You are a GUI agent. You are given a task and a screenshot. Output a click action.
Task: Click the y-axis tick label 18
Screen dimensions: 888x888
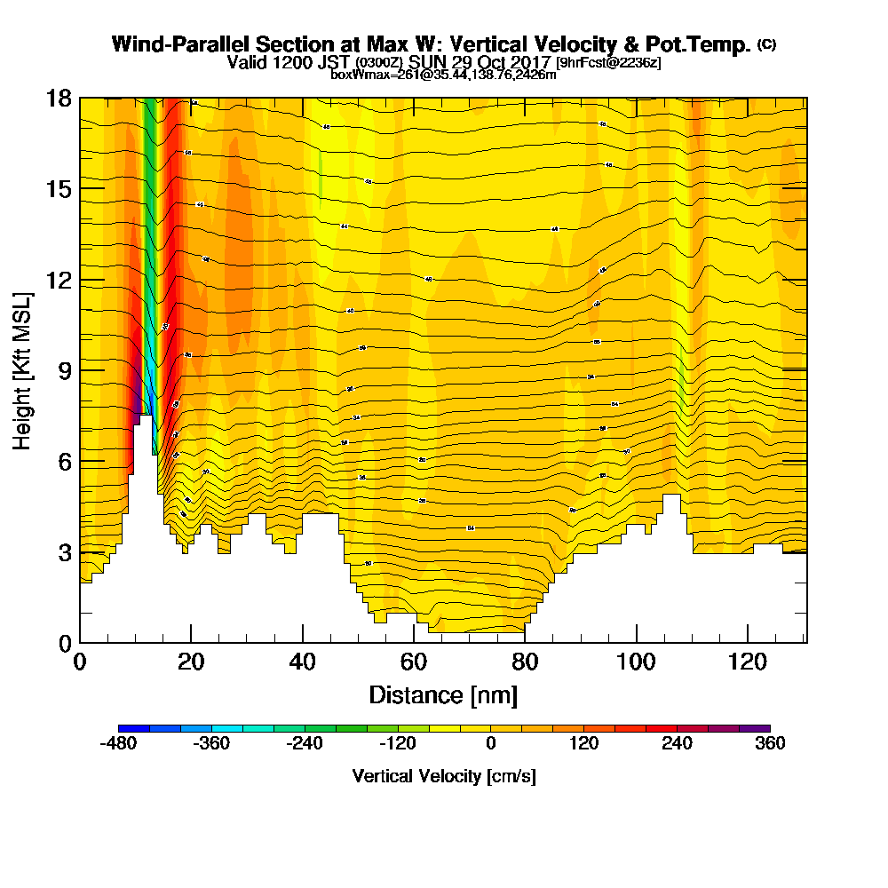coord(59,98)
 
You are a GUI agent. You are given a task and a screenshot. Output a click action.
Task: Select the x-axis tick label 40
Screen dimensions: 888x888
coord(303,662)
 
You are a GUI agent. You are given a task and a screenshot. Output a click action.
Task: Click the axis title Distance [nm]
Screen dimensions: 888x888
coord(443,694)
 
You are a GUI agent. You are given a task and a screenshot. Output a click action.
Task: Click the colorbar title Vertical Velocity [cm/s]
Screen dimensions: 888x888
coord(444,776)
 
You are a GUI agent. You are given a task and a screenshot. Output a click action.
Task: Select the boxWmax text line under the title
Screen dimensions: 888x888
coord(443,75)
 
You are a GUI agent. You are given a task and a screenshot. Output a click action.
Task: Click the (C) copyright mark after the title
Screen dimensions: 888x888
coord(766,44)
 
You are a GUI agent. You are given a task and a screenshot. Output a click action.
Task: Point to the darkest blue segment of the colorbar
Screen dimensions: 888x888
coord(134,728)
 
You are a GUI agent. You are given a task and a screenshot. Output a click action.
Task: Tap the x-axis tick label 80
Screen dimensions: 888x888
coord(525,662)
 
